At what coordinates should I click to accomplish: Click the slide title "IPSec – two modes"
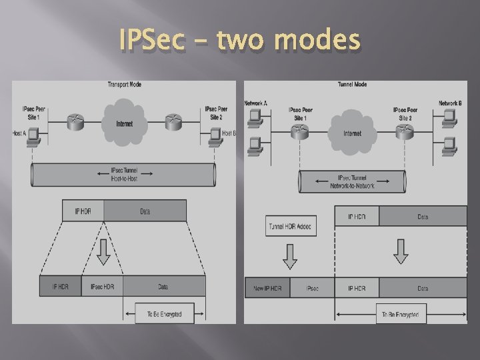(239, 42)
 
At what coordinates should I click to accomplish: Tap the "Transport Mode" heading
(124, 85)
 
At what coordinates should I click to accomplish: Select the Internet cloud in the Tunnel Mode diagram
(351, 133)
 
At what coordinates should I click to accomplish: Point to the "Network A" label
(256, 103)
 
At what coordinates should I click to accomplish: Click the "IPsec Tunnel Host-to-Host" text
(124, 175)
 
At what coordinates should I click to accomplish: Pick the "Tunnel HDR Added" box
(290, 227)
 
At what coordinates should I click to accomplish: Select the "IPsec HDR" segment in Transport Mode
(102, 287)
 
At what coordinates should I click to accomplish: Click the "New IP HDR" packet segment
(267, 288)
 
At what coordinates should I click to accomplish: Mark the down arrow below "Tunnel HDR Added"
(290, 254)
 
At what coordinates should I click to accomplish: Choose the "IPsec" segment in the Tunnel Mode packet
(311, 288)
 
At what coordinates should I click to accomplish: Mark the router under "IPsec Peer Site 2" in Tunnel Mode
(404, 133)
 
